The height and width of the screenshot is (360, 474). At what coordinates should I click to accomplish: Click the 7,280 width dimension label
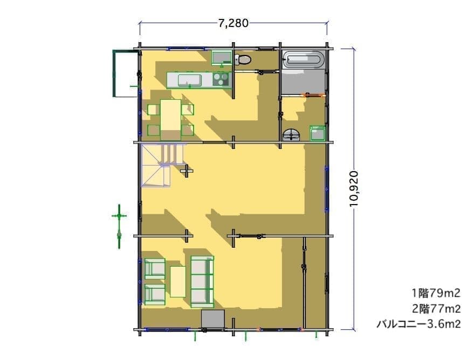point(233,23)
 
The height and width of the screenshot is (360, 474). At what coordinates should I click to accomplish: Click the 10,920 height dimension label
point(354,189)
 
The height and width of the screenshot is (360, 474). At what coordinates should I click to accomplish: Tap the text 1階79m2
point(436,293)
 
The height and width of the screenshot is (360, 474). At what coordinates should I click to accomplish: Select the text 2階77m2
point(436,309)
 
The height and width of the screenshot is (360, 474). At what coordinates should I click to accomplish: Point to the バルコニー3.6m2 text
point(418,324)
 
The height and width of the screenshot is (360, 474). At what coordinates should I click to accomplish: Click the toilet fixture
point(243,59)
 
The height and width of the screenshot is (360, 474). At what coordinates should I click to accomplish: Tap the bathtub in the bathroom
point(304,59)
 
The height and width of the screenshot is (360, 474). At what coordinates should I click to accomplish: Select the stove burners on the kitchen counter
point(221,79)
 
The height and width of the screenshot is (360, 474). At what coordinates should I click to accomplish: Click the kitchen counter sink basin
point(189,80)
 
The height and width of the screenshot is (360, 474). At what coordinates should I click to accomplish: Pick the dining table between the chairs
point(170,120)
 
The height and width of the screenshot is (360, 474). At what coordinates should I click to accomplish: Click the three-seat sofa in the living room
point(202,281)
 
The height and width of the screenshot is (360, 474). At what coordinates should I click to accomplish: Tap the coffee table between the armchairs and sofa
point(178,282)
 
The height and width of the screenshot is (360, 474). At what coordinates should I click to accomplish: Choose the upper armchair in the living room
point(155,268)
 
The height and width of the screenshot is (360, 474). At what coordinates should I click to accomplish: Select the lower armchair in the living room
point(155,295)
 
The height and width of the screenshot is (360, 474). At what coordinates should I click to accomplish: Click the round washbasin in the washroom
point(291,134)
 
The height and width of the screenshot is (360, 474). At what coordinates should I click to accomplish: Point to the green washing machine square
point(318,133)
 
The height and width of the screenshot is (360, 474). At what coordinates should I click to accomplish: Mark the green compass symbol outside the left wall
point(119,226)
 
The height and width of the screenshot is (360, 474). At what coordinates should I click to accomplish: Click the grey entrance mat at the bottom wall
point(213,319)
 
